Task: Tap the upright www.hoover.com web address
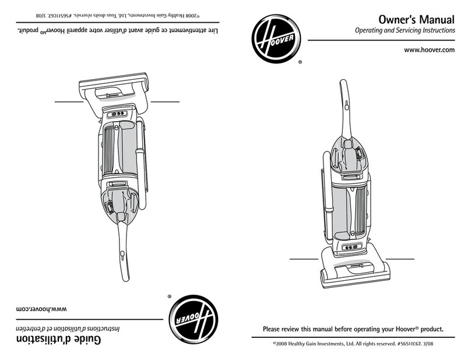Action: (429, 51)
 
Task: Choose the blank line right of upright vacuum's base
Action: (399, 257)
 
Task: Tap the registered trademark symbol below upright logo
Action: (300, 62)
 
